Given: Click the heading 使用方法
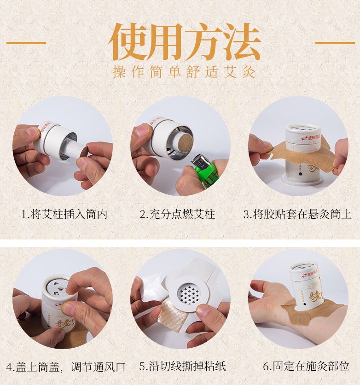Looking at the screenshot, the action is pos(184,42).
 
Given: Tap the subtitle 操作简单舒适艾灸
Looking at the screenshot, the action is pos(184,72).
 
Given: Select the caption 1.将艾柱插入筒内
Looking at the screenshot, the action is pos(64,214).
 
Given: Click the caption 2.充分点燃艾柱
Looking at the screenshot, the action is pos(177,214).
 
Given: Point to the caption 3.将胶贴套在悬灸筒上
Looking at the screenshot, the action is pos(298,214).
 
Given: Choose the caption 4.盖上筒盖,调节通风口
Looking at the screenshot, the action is pos(66,367).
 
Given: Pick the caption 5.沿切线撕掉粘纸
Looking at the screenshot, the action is pos(183,366).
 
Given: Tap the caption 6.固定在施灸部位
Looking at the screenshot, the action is pos(306,366).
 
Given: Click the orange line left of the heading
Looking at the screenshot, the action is pos(26,43).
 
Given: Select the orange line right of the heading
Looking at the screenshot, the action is pos(335,43).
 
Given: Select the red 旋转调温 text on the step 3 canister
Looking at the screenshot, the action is pos(311,138).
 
